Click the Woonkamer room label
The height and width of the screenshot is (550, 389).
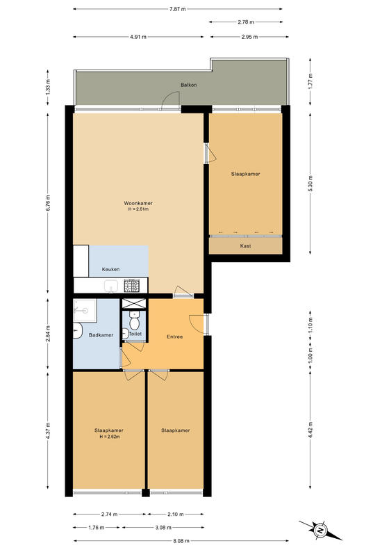tap(138, 203)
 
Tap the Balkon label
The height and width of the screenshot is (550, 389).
tap(188, 85)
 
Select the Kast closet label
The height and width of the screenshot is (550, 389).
tap(245, 246)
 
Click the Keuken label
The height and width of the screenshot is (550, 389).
tap(110, 269)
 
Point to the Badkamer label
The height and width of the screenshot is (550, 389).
tap(101, 335)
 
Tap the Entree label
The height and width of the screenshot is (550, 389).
tap(174, 337)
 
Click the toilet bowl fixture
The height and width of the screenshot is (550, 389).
tap(134, 320)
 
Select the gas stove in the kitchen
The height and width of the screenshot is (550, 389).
tap(132, 286)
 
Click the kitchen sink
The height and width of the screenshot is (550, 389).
tap(112, 286)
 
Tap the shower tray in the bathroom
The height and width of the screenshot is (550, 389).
tap(85, 310)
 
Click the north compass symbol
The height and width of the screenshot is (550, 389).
tap(320, 531)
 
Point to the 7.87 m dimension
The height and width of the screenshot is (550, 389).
tap(177, 9)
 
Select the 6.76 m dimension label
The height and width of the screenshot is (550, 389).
tap(48, 202)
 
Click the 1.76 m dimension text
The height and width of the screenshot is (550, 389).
tap(97, 527)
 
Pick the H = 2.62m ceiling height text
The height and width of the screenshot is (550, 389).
tap(109, 437)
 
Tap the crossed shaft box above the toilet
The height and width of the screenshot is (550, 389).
tap(133, 303)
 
